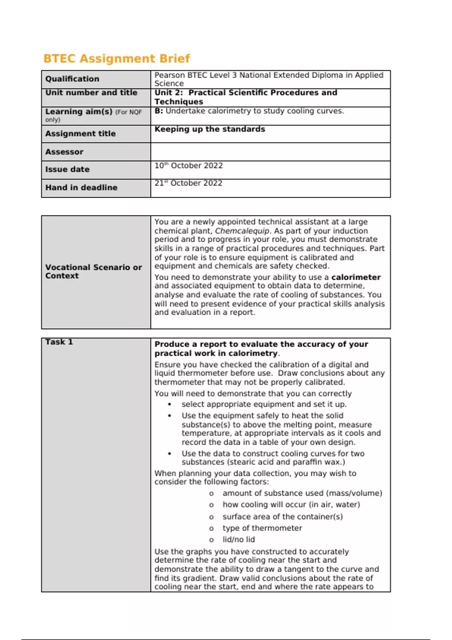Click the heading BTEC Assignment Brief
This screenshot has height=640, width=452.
click(x=116, y=59)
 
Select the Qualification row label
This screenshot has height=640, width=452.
click(x=72, y=79)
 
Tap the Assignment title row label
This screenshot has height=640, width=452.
click(x=80, y=134)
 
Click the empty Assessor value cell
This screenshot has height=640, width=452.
click(x=270, y=152)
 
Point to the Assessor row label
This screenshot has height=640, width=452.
click(x=64, y=152)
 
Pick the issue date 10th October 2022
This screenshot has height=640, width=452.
click(x=189, y=166)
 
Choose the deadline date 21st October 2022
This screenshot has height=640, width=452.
click(x=188, y=183)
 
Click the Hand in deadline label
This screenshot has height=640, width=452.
click(x=81, y=187)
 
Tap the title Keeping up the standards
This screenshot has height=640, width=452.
click(x=210, y=129)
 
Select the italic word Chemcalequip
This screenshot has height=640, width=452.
click(x=242, y=231)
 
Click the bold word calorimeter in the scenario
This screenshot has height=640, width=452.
click(x=356, y=277)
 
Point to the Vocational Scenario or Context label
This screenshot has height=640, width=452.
click(x=93, y=271)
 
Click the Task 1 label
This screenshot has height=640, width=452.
click(x=59, y=342)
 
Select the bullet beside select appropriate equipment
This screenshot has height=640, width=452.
click(x=169, y=405)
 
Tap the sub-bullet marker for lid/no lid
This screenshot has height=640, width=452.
click(x=211, y=540)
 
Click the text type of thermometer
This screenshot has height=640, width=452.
click(x=262, y=528)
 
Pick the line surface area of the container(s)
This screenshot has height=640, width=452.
click(x=282, y=517)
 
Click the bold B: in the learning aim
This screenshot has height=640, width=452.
click(x=159, y=111)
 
